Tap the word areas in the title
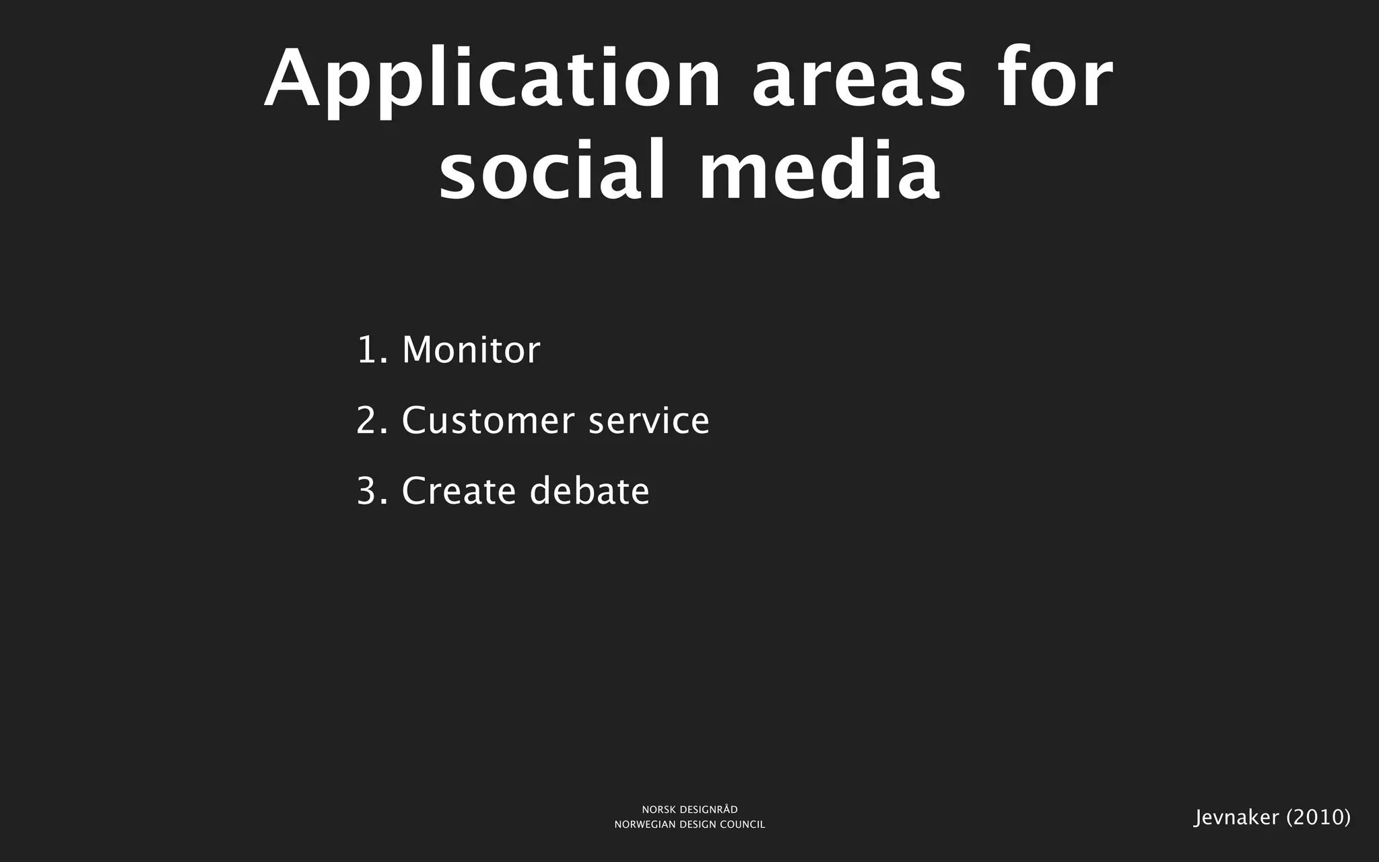pyautogui.click(x=859, y=80)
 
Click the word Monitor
pyautogui.click(x=471, y=350)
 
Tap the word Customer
pyautogui.click(x=487, y=421)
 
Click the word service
pyautogui.click(x=649, y=421)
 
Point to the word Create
pyautogui.click(x=459, y=491)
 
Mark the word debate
pyautogui.click(x=589, y=491)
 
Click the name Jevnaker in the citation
pyautogui.click(x=1236, y=818)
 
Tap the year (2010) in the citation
pyautogui.click(x=1318, y=818)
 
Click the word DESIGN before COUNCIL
pyautogui.click(x=698, y=825)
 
